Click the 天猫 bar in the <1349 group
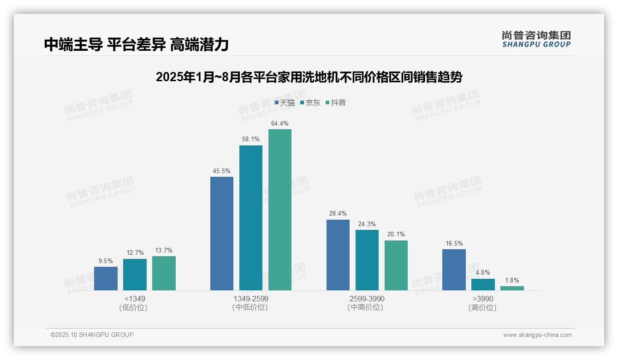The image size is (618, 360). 106,278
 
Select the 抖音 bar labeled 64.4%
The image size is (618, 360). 280,210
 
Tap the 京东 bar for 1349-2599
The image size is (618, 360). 250,218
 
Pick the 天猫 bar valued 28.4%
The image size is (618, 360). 338,255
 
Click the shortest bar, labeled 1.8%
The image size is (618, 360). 512,288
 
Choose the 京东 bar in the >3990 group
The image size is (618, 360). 483,284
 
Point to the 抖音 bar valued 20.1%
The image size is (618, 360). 396,265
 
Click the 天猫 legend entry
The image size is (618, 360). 285,103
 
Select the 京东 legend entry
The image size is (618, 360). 310,103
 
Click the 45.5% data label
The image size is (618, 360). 221,171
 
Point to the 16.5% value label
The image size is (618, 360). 454,243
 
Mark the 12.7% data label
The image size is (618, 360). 135,252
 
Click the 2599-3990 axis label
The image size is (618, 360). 367,299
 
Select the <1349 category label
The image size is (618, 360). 135,299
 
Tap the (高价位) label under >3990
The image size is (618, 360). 482,308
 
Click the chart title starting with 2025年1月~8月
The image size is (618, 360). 309,77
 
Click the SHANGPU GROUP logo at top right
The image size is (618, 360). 536,39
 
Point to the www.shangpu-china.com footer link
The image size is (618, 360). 537,335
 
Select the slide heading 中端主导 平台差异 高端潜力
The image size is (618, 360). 137,44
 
